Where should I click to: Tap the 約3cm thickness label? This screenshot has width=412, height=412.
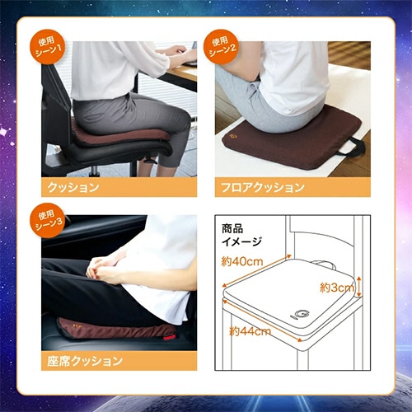tap(336, 288)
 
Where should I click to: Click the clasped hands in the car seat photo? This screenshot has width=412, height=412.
tap(104, 269)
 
